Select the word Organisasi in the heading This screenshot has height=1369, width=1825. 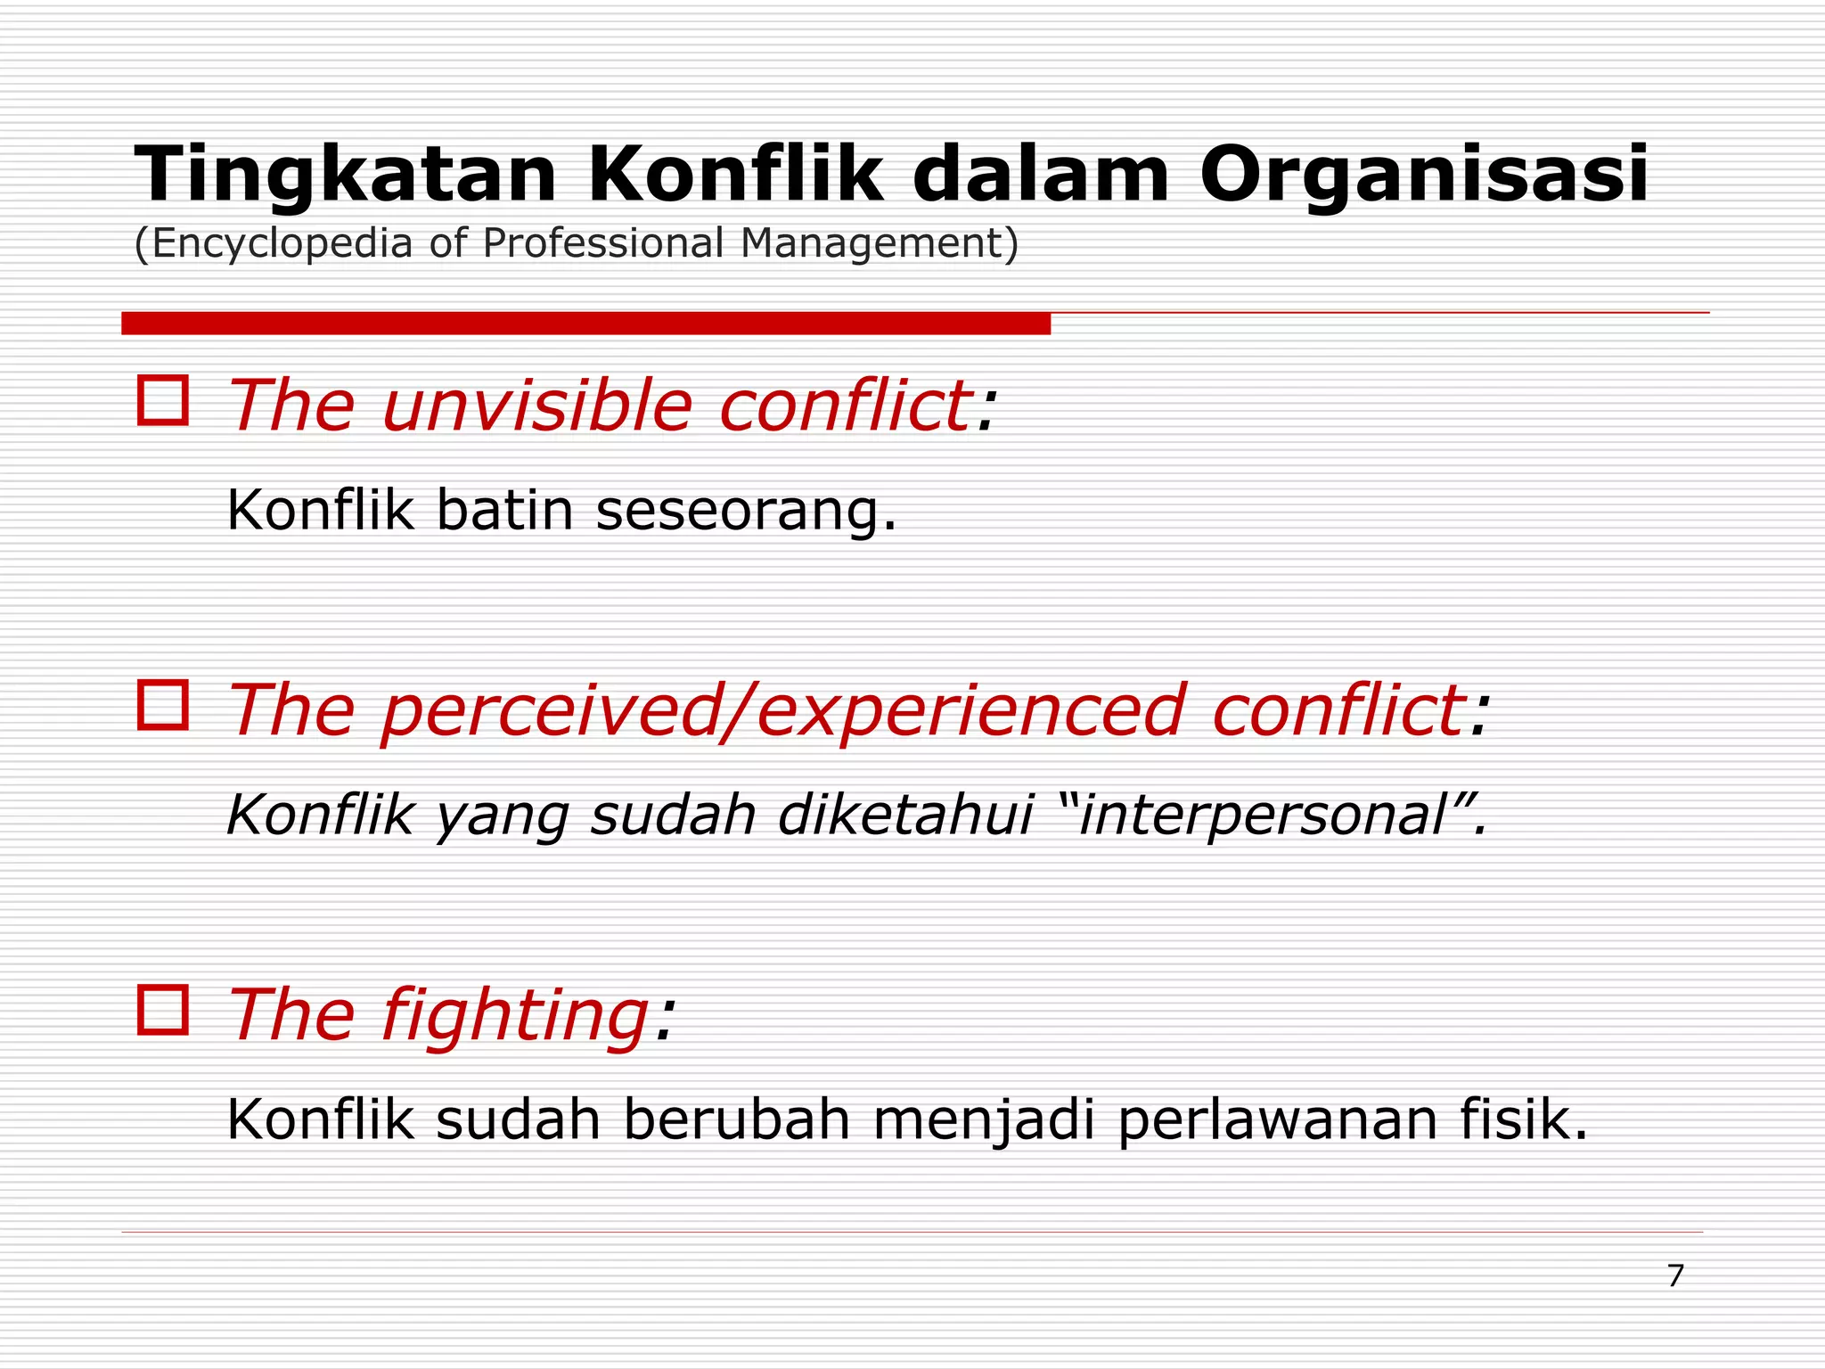(1423, 176)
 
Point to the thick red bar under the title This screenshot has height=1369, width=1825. (585, 324)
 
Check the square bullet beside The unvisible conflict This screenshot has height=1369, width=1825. (163, 400)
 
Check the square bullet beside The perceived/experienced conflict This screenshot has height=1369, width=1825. (163, 705)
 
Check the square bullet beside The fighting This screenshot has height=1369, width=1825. (163, 1010)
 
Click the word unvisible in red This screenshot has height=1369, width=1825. (537, 406)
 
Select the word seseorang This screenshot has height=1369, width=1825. (745, 512)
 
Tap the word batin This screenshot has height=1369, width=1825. (504, 512)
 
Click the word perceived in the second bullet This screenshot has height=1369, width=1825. (548, 711)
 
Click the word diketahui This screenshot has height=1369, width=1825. (905, 815)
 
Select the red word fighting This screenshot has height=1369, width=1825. (515, 1016)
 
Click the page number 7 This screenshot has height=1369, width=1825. (1675, 1276)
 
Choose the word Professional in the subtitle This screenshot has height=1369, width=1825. (602, 243)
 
